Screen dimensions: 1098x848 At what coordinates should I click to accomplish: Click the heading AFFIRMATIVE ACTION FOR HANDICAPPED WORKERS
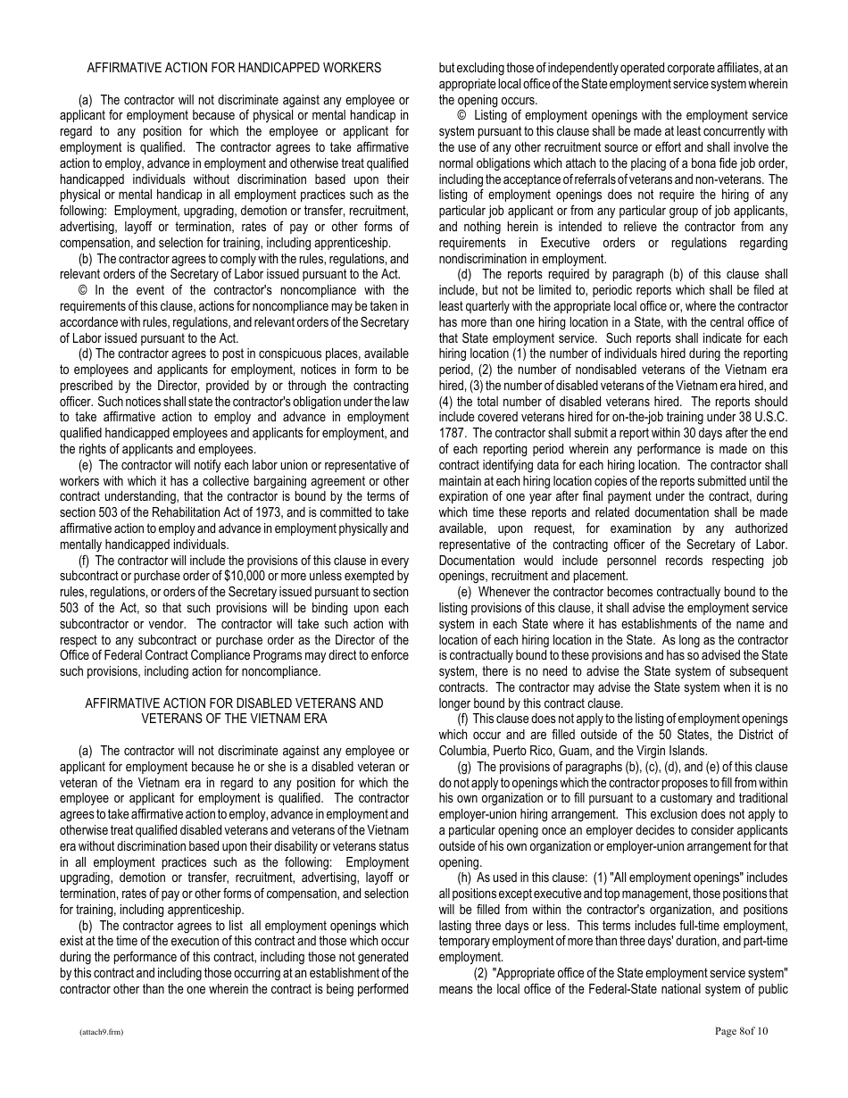coord(234,68)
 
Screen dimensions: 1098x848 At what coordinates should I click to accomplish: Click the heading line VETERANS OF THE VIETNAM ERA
coord(234,719)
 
